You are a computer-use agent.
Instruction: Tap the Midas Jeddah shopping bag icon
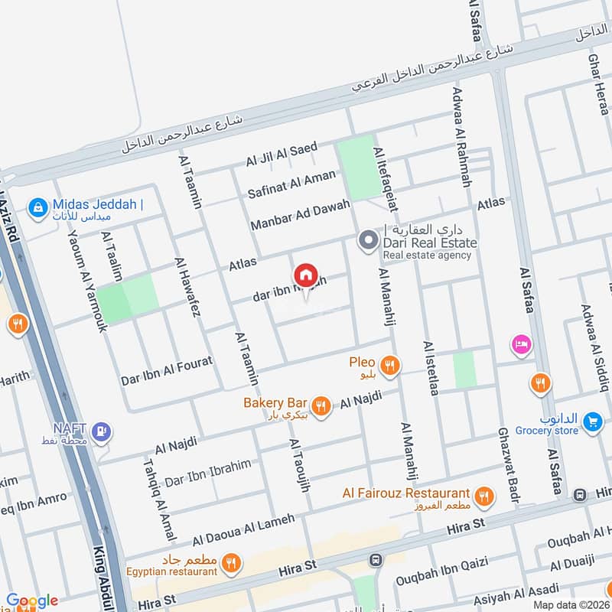36,206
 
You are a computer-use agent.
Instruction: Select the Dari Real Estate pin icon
368,243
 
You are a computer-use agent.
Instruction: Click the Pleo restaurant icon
390,366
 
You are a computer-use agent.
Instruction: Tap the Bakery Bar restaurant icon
321,406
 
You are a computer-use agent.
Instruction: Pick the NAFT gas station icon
101,433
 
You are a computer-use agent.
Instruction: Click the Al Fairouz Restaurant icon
483,498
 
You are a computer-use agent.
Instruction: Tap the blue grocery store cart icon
591,422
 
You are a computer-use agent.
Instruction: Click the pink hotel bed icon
522,345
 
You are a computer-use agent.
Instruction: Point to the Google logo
31,601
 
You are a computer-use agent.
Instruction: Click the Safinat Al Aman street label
291,184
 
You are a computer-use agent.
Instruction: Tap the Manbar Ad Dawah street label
300,215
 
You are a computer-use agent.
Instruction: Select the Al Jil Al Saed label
281,155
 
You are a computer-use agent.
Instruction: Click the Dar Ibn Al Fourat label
166,370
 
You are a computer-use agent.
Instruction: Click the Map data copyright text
571,604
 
